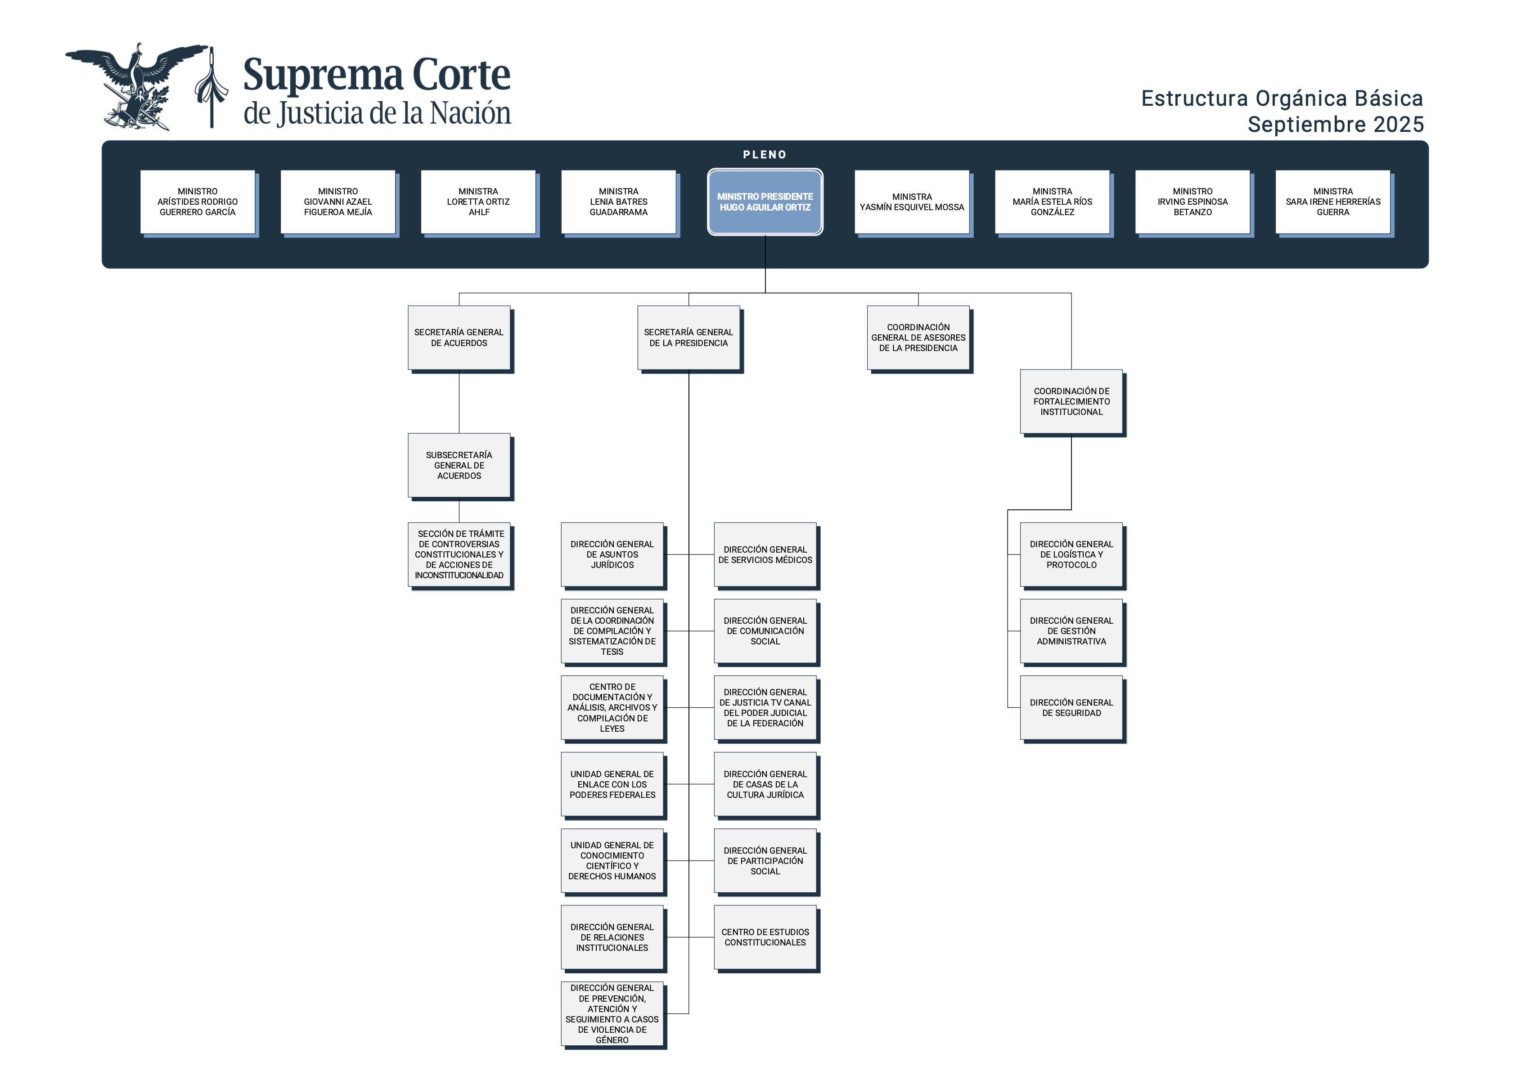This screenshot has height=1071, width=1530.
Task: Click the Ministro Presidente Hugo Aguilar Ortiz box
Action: point(765,202)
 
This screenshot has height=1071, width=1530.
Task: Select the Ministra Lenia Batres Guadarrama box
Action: point(618,202)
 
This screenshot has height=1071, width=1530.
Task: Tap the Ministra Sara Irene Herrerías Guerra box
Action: point(1333,202)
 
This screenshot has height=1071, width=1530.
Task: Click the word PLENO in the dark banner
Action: point(765,155)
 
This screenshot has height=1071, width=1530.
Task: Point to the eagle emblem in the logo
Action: point(137,87)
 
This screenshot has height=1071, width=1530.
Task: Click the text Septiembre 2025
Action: point(1336,125)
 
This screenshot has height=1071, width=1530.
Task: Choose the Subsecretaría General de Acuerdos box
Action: point(459,465)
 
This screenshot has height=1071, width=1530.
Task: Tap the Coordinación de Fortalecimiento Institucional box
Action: point(1071,401)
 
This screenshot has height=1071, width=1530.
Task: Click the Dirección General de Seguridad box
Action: point(1071,708)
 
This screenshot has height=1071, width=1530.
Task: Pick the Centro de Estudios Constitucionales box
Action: point(765,937)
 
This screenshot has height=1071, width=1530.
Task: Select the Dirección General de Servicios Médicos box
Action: point(765,554)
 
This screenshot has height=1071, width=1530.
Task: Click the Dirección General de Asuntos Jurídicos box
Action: point(612,554)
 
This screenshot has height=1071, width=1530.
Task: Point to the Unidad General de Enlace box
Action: point(612,784)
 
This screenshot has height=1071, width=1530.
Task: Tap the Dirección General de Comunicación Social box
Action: point(765,631)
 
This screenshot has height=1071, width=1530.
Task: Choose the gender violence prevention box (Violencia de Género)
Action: point(612,1014)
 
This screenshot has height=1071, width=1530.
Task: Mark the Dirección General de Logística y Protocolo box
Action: point(1071,554)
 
